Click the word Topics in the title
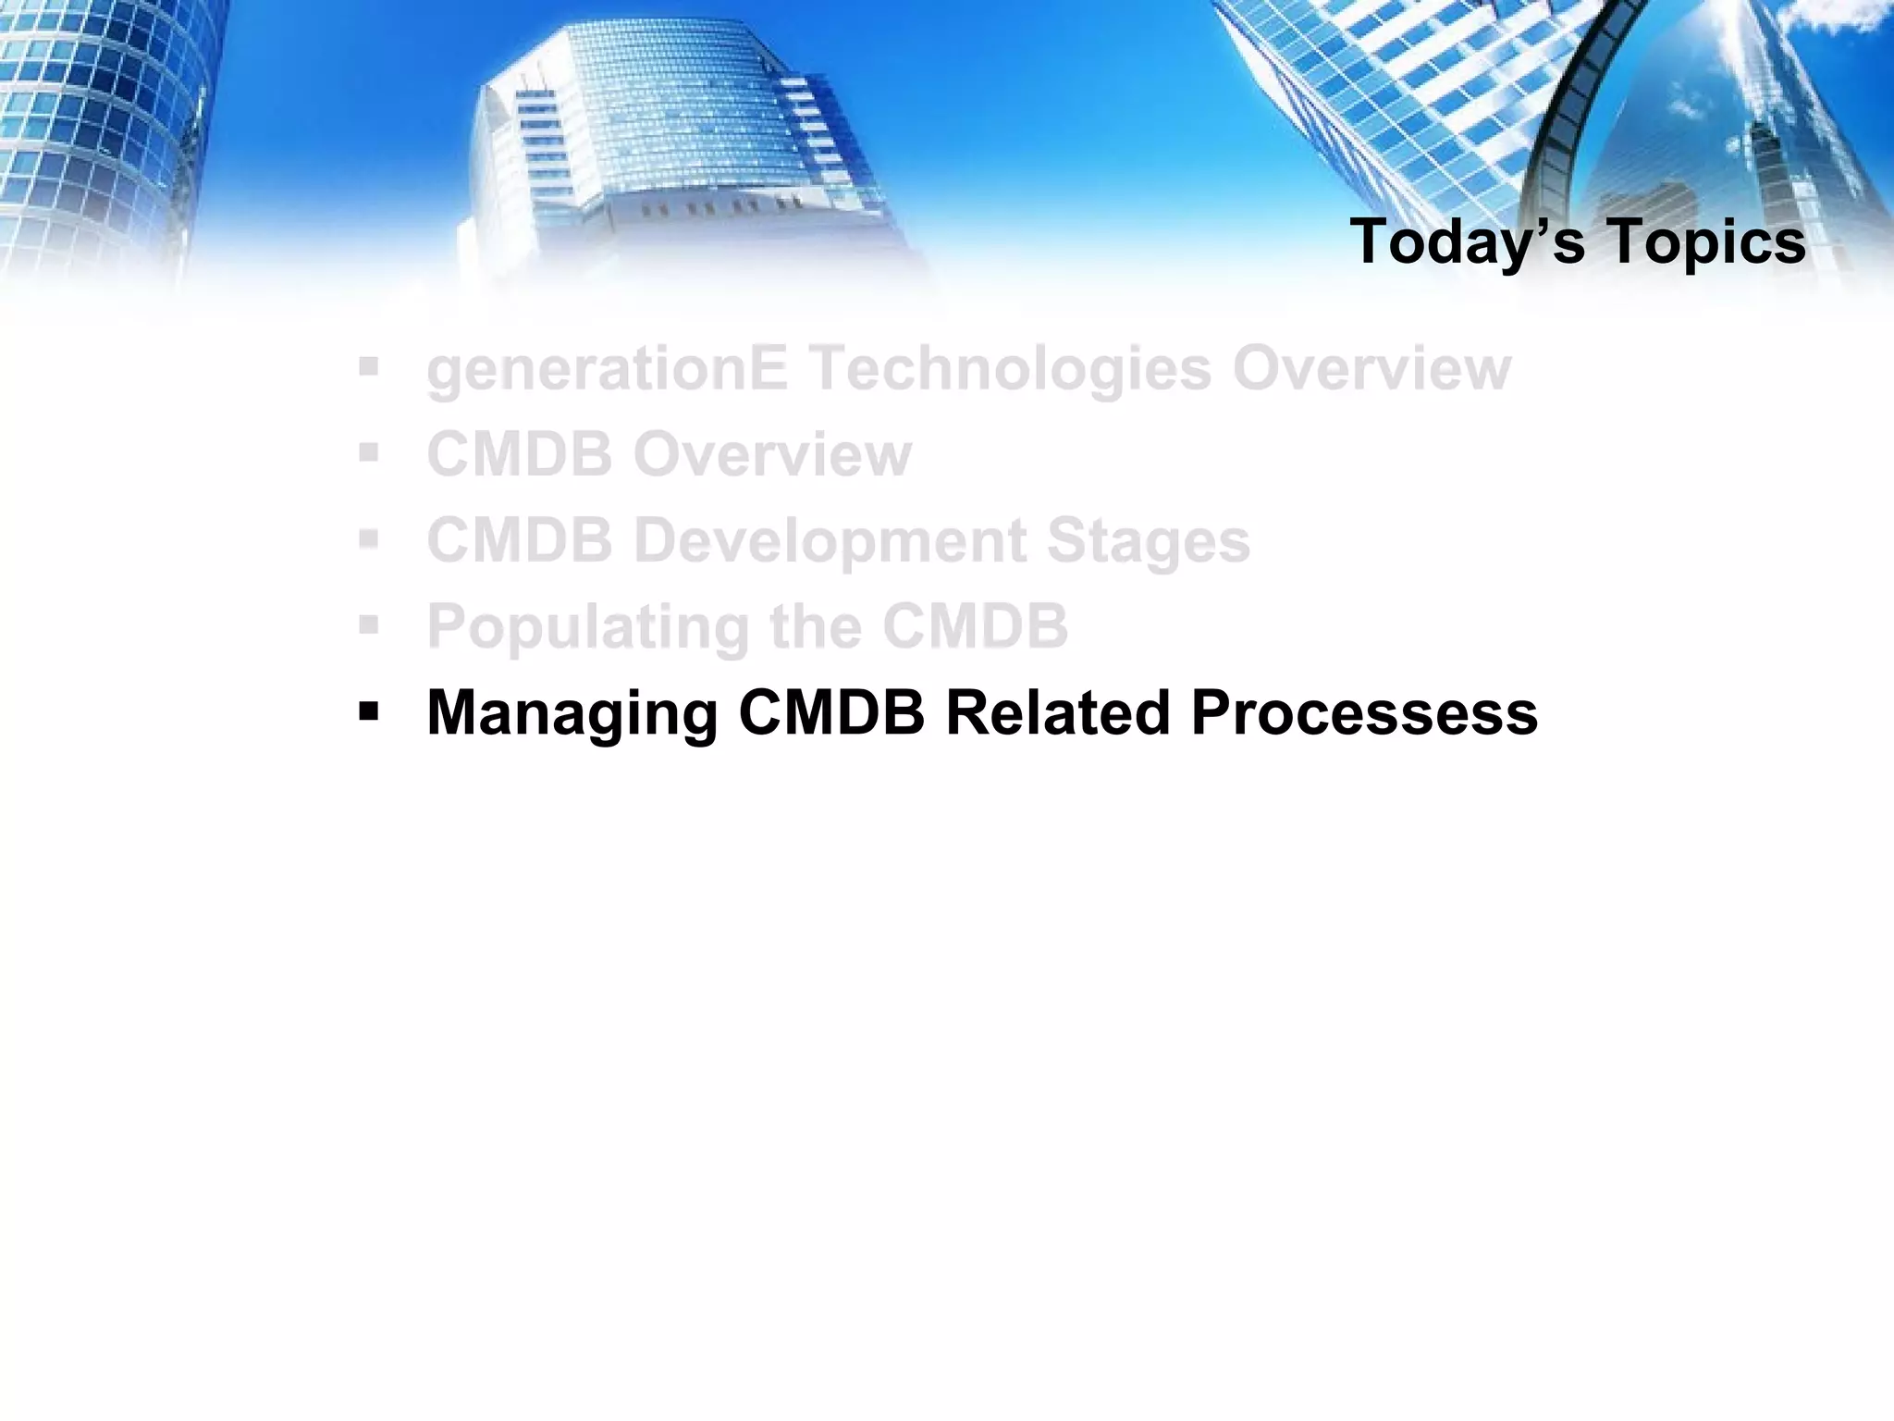tap(1706, 242)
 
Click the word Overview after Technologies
tap(1371, 368)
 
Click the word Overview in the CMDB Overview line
tap(772, 454)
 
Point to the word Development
tap(829, 541)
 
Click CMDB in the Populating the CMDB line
tap(976, 626)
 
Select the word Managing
tap(572, 714)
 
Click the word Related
tap(1057, 712)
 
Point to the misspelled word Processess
tap(1364, 712)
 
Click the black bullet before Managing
tap(369, 712)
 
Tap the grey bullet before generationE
tap(369, 368)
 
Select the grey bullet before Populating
tap(369, 626)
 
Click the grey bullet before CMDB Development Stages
tap(369, 540)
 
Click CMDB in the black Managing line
tap(831, 712)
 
